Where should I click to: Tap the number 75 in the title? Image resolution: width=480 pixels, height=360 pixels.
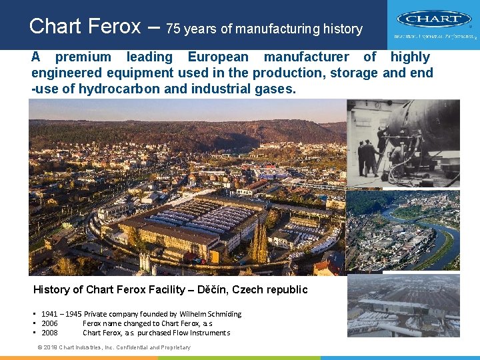[x=173, y=29]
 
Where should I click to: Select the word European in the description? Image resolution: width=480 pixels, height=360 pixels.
[x=218, y=57]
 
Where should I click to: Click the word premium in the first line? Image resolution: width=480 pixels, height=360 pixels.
[x=83, y=57]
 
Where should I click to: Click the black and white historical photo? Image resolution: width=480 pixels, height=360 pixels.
[x=403, y=143]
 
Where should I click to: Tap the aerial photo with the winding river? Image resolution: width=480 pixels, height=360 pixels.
[x=403, y=230]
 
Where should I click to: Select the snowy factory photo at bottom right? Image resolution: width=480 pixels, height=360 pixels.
[x=403, y=305]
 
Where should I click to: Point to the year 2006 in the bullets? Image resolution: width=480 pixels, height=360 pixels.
[x=49, y=323]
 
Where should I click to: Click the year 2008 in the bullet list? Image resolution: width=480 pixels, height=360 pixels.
[x=49, y=333]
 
